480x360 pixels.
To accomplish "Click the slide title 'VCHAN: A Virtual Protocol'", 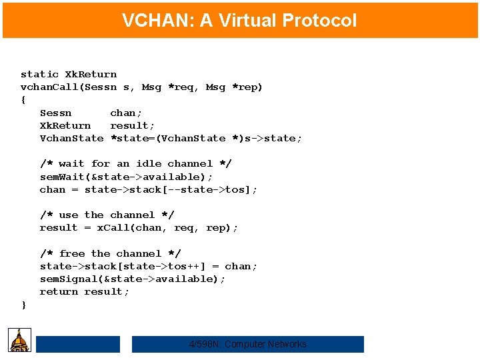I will click(239, 21).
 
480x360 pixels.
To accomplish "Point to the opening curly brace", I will click(24, 100).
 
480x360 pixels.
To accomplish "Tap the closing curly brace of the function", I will click(24, 305).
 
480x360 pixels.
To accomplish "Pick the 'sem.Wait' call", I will click(63, 177).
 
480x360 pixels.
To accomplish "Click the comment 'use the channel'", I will click(107, 215).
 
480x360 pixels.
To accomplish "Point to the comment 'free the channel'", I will click(110, 254).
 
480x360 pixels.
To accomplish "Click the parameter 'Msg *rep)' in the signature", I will click(234, 87).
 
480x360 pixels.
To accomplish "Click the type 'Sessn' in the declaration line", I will click(55, 113).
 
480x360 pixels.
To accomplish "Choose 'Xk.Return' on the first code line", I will click(91, 75).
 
